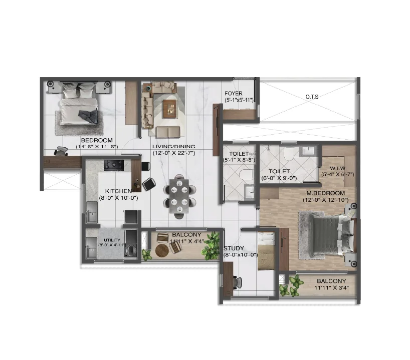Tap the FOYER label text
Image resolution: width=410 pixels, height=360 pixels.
pyautogui.click(x=234, y=94)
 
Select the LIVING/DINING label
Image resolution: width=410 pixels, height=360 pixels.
pyautogui.click(x=173, y=140)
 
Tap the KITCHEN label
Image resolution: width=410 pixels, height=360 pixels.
pyautogui.click(x=118, y=191)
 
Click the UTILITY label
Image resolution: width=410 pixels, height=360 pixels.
pyautogui.click(x=112, y=240)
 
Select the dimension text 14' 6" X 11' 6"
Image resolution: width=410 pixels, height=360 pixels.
pyautogui.click(x=97, y=147)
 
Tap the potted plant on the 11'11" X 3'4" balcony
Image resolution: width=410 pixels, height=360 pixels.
pyautogui.click(x=287, y=288)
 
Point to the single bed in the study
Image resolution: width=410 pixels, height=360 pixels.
pyautogui.click(x=266, y=252)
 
